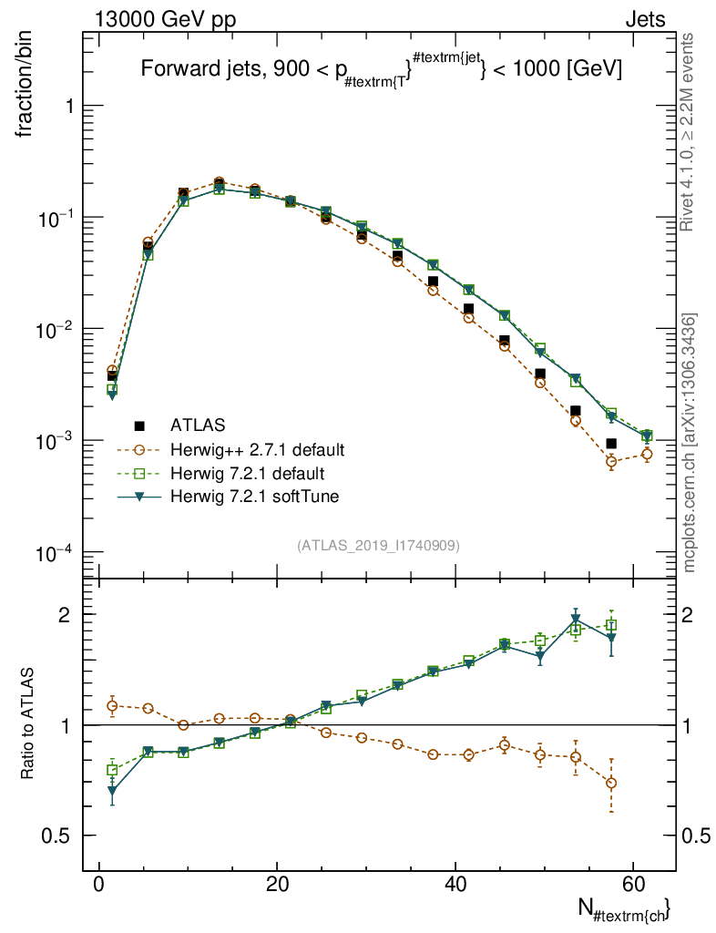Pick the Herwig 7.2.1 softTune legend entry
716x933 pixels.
[x=249, y=497]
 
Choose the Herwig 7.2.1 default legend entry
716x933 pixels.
[x=248, y=473]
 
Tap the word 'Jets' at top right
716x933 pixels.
[x=644, y=19]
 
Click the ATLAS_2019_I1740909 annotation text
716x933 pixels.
[x=378, y=546]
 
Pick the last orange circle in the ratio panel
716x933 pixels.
[x=611, y=783]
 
